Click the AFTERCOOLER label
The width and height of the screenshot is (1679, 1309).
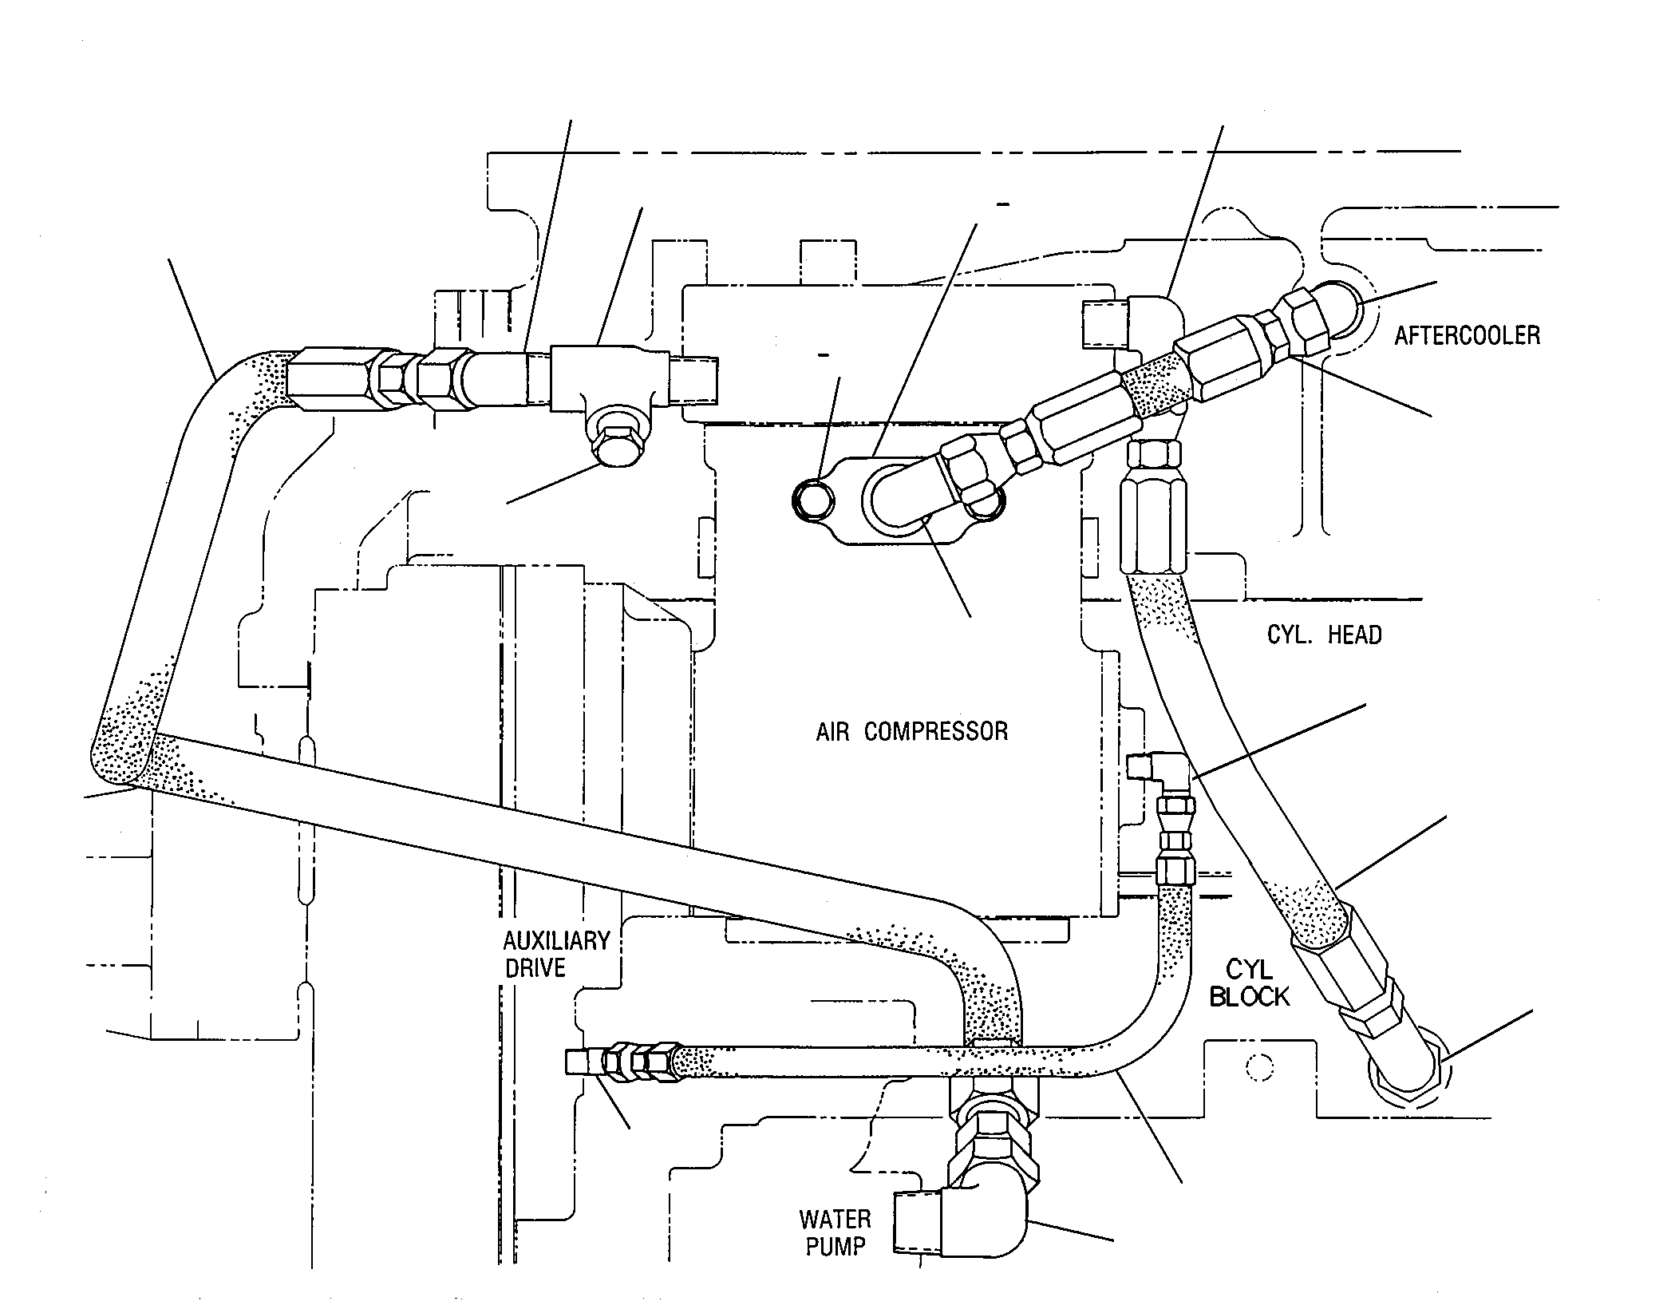coord(1467,335)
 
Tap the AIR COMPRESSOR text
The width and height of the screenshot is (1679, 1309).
coord(911,731)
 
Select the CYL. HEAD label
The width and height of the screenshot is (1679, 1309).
coord(1324,635)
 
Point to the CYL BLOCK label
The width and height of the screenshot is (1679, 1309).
coord(1250,983)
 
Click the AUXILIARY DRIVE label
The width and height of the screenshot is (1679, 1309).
coord(556,954)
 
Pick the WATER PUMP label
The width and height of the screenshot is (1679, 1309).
coord(836,1232)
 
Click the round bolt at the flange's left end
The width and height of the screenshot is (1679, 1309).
coord(812,500)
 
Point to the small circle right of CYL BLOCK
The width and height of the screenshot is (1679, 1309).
coord(1260,1067)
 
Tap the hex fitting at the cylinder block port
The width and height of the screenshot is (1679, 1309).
coord(1408,1077)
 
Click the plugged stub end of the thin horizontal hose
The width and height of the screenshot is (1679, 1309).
coord(576,1062)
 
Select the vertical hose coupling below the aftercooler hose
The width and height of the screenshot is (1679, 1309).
coord(1152,507)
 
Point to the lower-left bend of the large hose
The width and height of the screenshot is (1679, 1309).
coord(120,758)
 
